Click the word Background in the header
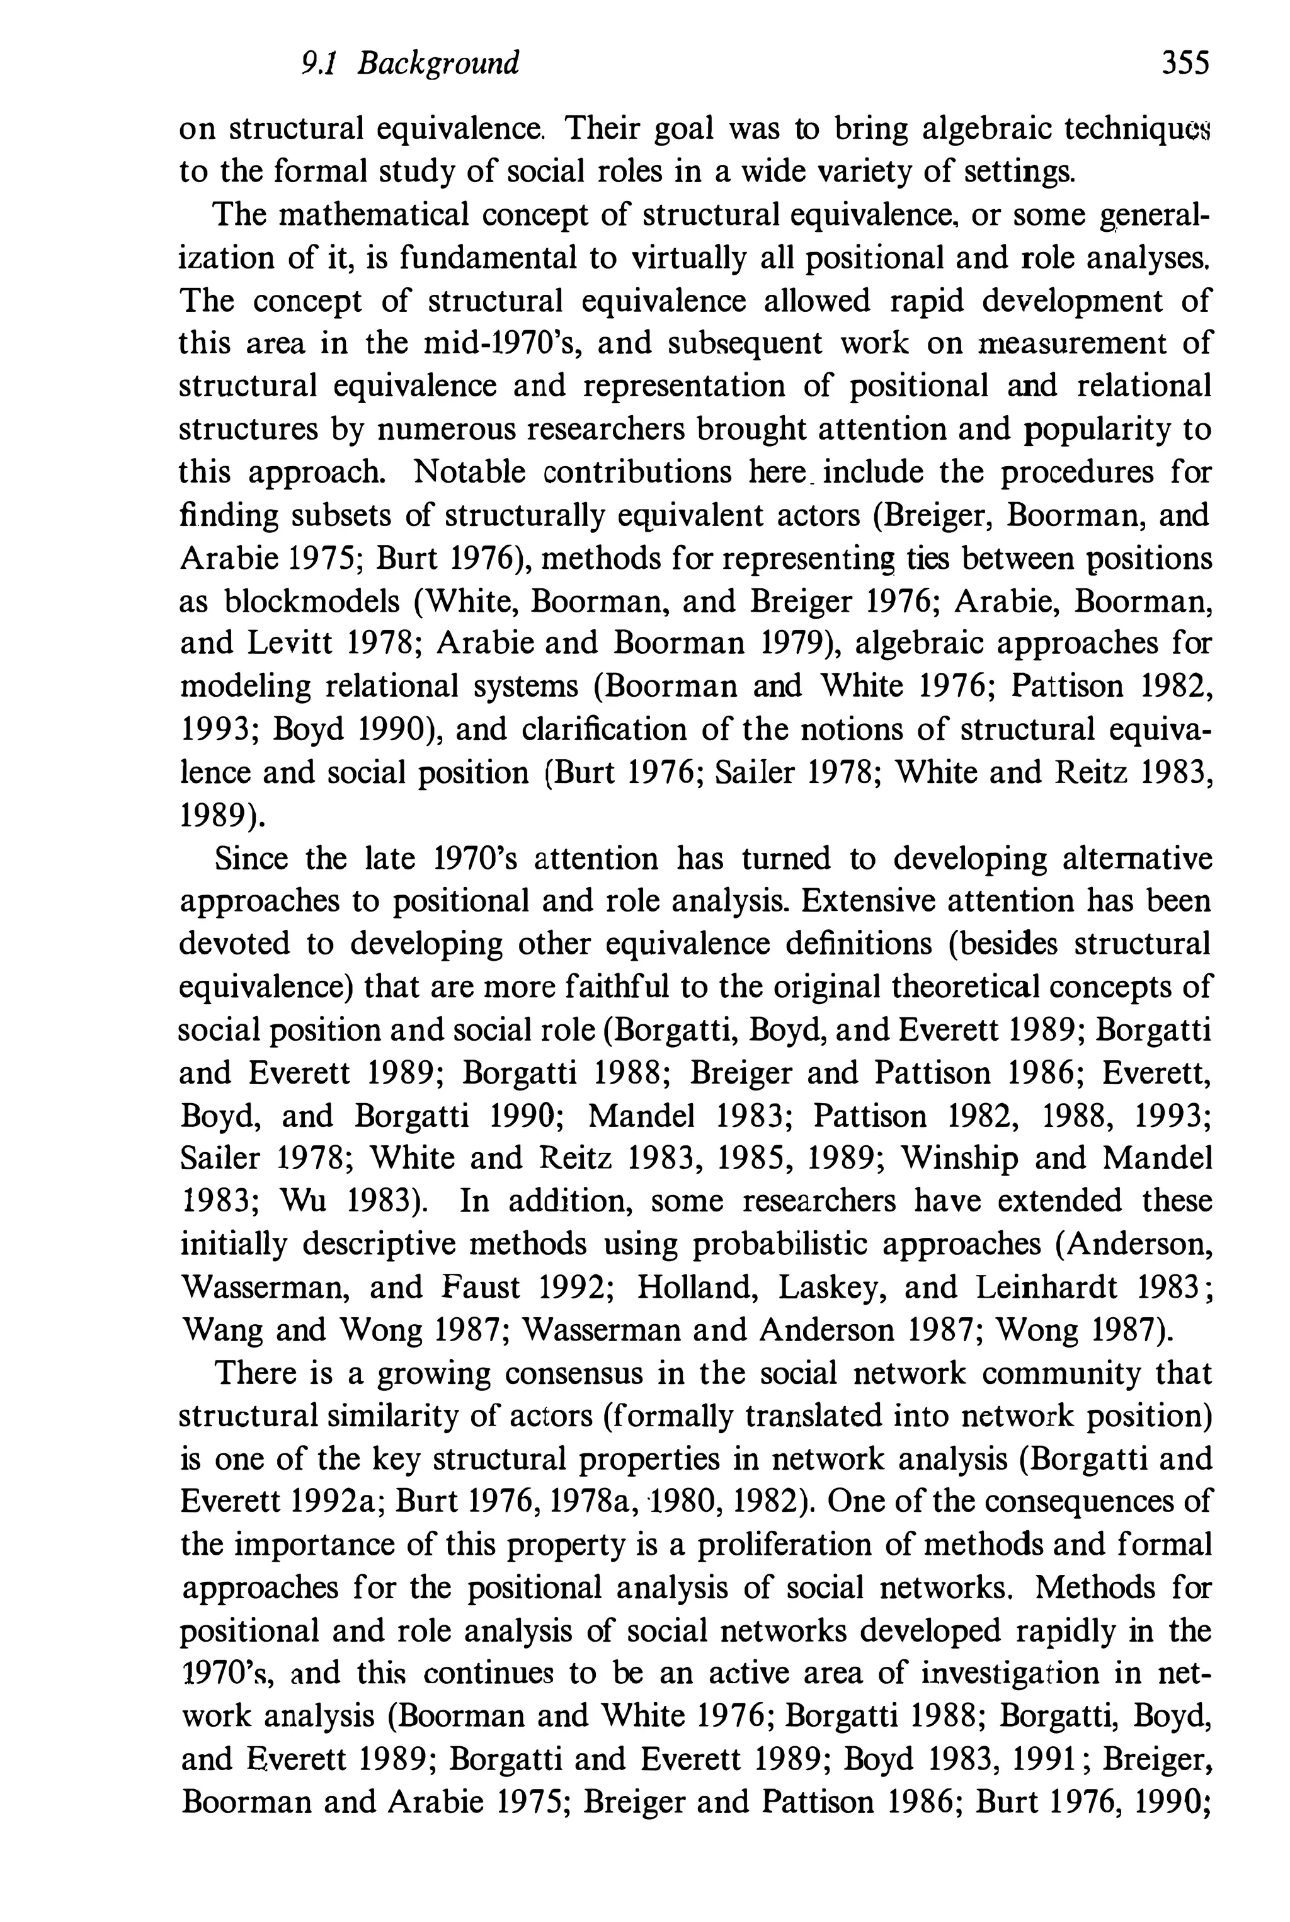tap(438, 64)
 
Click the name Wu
tap(304, 1201)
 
